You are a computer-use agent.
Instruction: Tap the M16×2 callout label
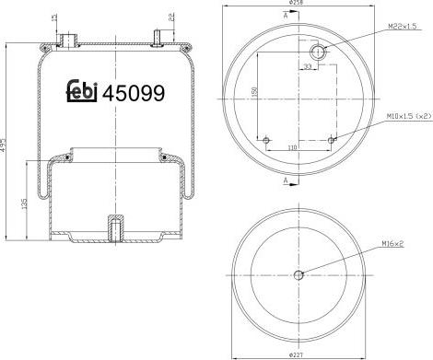(x=393, y=243)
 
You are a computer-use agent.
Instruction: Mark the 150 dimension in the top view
(x=252, y=92)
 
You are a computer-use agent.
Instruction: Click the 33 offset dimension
(x=308, y=66)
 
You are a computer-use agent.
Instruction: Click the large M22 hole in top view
(x=319, y=51)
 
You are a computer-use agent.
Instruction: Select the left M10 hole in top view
(x=266, y=139)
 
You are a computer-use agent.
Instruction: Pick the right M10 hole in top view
(x=330, y=139)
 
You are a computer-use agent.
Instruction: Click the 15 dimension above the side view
(x=54, y=18)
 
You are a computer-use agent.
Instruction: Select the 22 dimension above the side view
(x=171, y=17)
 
